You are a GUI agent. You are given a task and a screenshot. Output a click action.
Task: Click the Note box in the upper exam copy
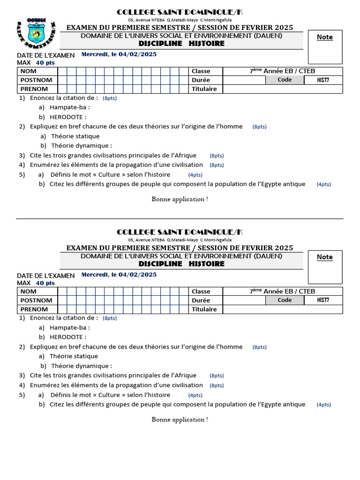tap(325, 46)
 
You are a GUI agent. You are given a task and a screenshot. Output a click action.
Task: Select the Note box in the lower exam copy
tap(325, 267)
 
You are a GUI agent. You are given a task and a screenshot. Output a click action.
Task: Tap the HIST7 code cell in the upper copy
tap(323, 80)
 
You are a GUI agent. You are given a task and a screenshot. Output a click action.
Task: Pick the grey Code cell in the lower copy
tap(285, 300)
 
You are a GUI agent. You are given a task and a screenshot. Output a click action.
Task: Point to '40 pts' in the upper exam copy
tap(45, 62)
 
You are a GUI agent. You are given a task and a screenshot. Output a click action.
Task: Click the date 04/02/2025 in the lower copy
tap(137, 275)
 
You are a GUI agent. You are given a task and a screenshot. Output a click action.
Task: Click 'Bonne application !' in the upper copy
tap(180, 199)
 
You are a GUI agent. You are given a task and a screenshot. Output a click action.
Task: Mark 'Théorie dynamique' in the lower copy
tap(81, 366)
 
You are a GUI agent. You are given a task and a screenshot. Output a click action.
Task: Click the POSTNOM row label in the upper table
tap(37, 80)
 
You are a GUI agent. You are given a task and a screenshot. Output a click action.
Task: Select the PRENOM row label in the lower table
tap(34, 309)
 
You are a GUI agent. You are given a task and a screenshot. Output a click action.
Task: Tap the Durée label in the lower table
tap(201, 300)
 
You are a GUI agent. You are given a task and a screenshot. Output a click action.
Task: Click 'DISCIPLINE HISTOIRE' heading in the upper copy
tap(181, 44)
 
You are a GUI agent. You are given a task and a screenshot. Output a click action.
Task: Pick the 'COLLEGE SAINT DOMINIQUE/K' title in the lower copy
tap(180, 232)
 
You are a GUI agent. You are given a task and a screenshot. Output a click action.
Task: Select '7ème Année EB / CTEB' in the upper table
tap(282, 71)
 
